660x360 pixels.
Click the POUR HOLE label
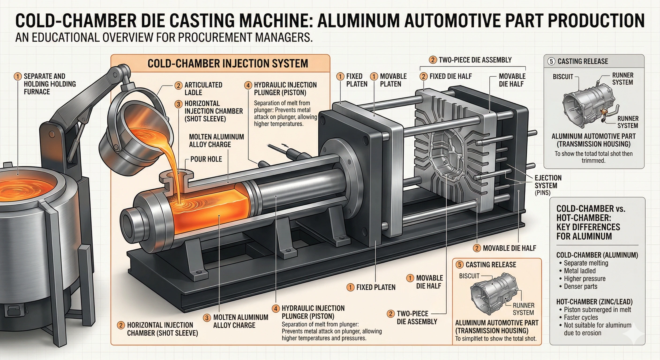(x=206, y=159)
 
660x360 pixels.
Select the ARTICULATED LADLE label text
(x=203, y=89)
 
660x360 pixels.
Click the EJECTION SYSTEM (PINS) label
(x=548, y=185)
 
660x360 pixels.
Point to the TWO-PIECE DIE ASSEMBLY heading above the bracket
(x=475, y=60)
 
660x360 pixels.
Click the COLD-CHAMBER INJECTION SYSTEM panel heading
(x=228, y=64)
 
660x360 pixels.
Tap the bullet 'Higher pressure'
(x=585, y=278)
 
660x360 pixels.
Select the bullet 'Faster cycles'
(x=581, y=318)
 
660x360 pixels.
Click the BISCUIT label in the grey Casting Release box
(x=563, y=77)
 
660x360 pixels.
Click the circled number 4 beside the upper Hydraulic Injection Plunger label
(x=248, y=85)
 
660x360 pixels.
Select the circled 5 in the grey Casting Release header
(x=551, y=61)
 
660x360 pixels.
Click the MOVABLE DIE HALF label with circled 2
(x=509, y=248)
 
